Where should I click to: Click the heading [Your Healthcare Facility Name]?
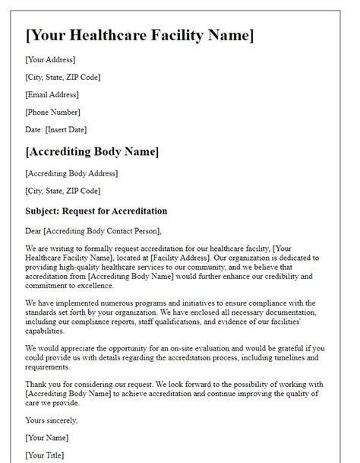[x=140, y=36]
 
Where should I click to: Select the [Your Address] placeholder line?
[x=50, y=59]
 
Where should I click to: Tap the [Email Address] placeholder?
[x=52, y=95]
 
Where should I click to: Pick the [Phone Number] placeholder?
[x=53, y=113]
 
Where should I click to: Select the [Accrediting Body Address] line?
[x=71, y=173]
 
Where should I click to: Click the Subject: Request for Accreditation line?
[x=96, y=211]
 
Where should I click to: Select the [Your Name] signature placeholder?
[x=46, y=437]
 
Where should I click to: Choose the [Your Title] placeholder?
[x=45, y=455]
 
